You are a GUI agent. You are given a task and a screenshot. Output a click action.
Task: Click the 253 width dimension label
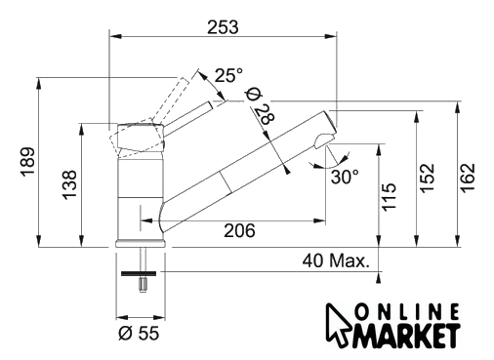[x=223, y=27]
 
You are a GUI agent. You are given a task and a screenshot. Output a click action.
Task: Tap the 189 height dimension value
[x=28, y=162]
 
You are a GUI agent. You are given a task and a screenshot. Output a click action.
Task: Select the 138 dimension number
[x=69, y=184]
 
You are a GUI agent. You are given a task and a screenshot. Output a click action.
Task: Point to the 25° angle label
[x=228, y=75]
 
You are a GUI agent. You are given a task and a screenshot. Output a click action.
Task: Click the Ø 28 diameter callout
[x=261, y=106]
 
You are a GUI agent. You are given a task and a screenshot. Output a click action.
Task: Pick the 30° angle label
[x=345, y=177]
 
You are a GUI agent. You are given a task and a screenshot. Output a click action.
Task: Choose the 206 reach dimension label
[x=239, y=230]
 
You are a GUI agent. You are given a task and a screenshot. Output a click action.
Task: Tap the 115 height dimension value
[x=389, y=197]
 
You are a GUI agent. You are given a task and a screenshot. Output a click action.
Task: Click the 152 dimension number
[x=427, y=178]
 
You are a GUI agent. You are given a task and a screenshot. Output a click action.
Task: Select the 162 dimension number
[x=468, y=178]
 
